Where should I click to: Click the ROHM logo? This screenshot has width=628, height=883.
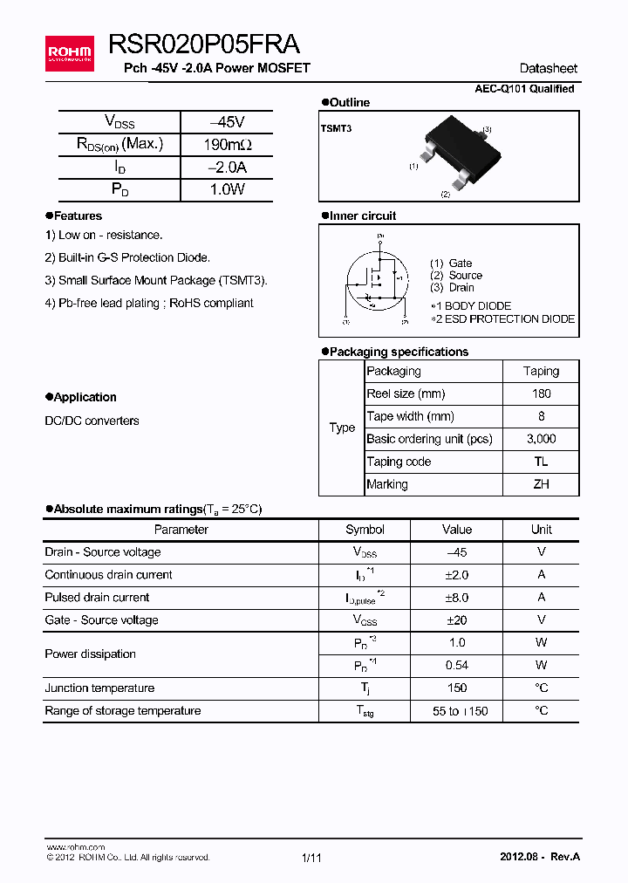click(x=69, y=54)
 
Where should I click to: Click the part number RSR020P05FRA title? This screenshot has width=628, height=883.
click(x=204, y=44)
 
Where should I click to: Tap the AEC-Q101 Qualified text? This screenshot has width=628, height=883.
click(x=524, y=89)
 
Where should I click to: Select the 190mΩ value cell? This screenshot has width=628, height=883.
click(x=227, y=145)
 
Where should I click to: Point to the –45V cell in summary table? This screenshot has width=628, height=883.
click(x=227, y=122)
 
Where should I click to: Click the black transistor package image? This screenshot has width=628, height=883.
click(x=461, y=154)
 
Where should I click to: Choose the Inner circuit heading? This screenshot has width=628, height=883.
click(x=362, y=216)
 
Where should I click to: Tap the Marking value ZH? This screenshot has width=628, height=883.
click(x=541, y=484)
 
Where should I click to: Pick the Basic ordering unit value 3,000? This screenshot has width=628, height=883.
click(x=541, y=439)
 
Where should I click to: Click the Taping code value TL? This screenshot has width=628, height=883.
click(x=541, y=462)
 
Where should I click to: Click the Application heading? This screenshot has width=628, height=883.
click(x=85, y=397)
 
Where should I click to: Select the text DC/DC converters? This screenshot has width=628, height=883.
click(x=92, y=421)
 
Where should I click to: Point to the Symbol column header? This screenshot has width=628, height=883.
click(x=365, y=530)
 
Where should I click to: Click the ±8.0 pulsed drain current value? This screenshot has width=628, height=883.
click(x=457, y=598)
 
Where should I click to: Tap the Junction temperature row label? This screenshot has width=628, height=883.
click(x=99, y=688)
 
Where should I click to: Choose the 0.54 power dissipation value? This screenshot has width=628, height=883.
click(x=457, y=666)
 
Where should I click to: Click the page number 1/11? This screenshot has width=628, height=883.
click(x=312, y=858)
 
